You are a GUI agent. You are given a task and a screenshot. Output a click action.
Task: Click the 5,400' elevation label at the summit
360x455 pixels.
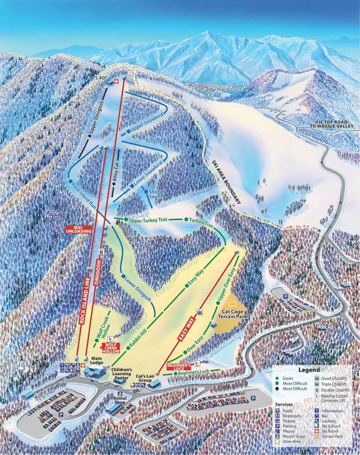pyautogui.click(x=101, y=78)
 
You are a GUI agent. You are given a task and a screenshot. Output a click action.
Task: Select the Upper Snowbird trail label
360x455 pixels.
pyautogui.click(x=147, y=125)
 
